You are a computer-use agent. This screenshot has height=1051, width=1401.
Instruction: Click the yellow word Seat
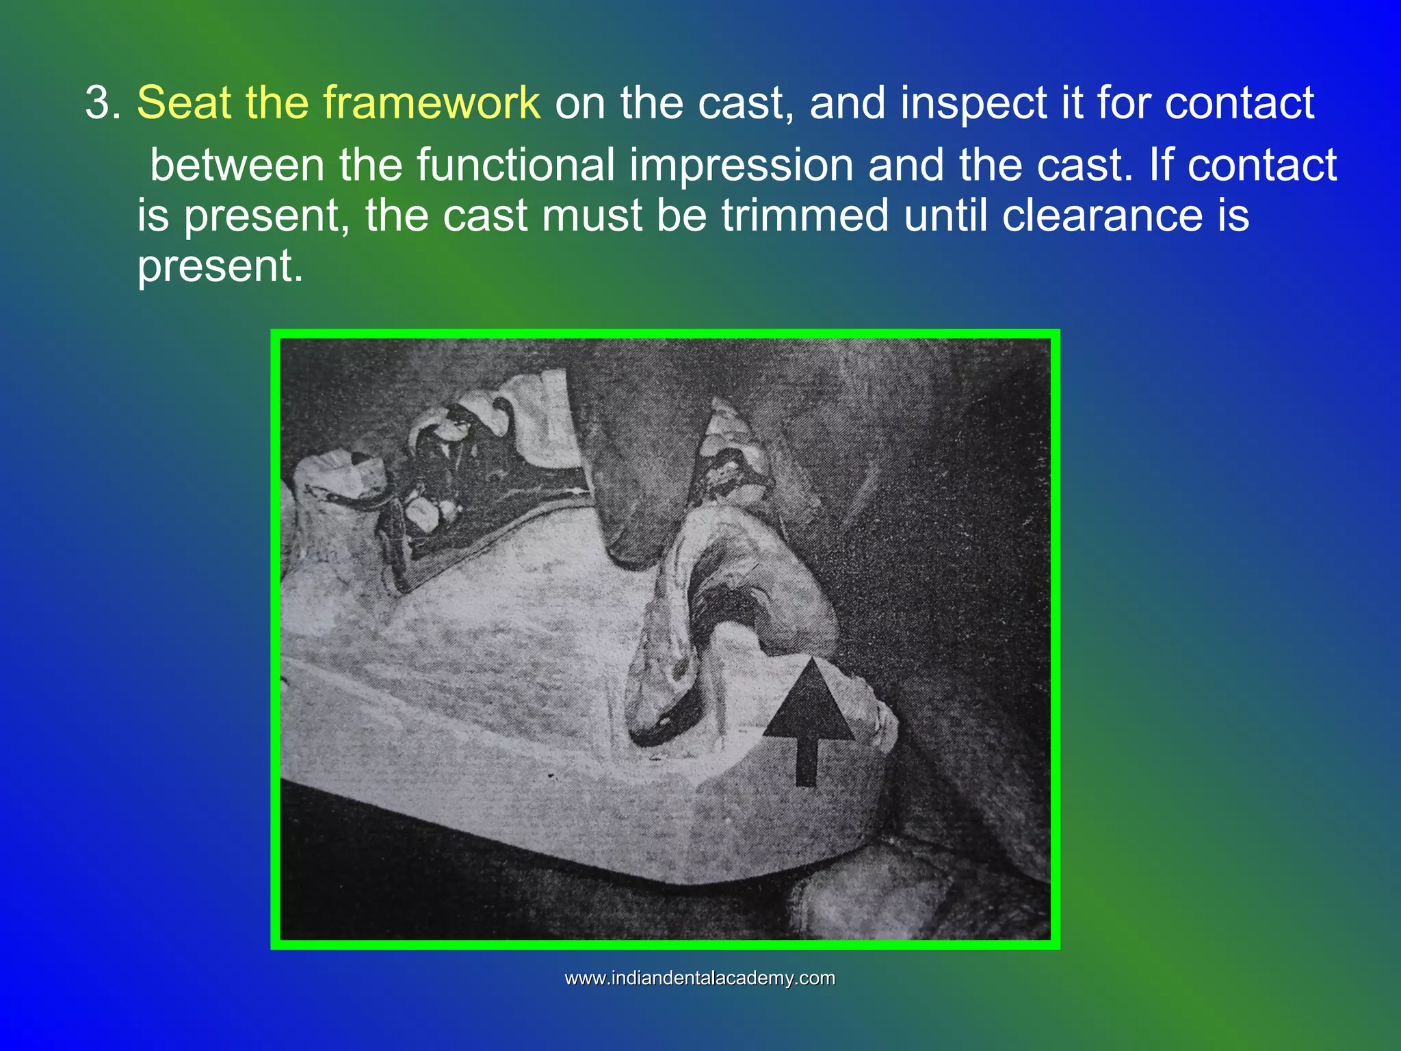183,104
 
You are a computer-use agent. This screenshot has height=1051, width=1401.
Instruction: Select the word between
237,166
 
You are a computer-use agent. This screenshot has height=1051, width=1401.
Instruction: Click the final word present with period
220,267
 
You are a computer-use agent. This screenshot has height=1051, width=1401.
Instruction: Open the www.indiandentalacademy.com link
700,978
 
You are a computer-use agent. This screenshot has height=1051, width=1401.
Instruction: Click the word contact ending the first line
1239,104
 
